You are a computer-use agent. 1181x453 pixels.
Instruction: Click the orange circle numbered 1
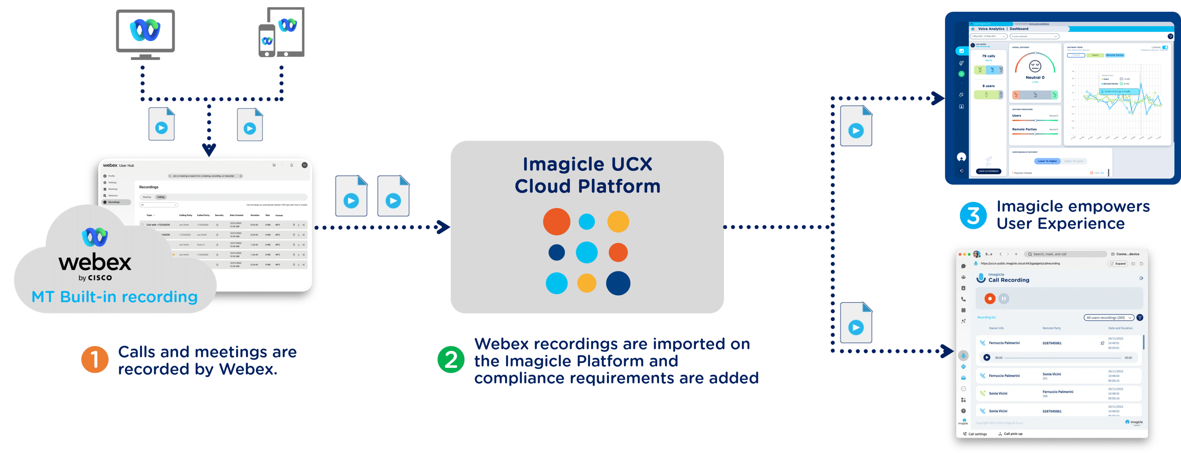[x=95, y=359]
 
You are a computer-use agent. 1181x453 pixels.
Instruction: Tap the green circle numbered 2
[x=451, y=359]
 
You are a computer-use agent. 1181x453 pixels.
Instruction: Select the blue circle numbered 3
[x=973, y=215]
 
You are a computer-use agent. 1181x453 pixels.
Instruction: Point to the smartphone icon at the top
[x=267, y=41]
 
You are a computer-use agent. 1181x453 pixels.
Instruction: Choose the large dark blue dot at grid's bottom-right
[x=618, y=283]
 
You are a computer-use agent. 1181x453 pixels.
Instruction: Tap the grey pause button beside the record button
[x=1004, y=299]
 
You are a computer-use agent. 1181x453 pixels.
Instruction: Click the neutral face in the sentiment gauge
[x=1035, y=67]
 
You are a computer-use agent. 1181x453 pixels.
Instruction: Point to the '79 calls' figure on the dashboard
[x=988, y=56]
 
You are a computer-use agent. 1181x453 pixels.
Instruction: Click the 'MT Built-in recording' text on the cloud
[x=115, y=297]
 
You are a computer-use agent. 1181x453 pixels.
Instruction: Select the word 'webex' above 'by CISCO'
[x=95, y=263]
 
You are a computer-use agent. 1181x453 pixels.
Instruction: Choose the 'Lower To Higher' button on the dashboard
[x=1047, y=161]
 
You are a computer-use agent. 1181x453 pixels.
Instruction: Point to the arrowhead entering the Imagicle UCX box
[x=444, y=227]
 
